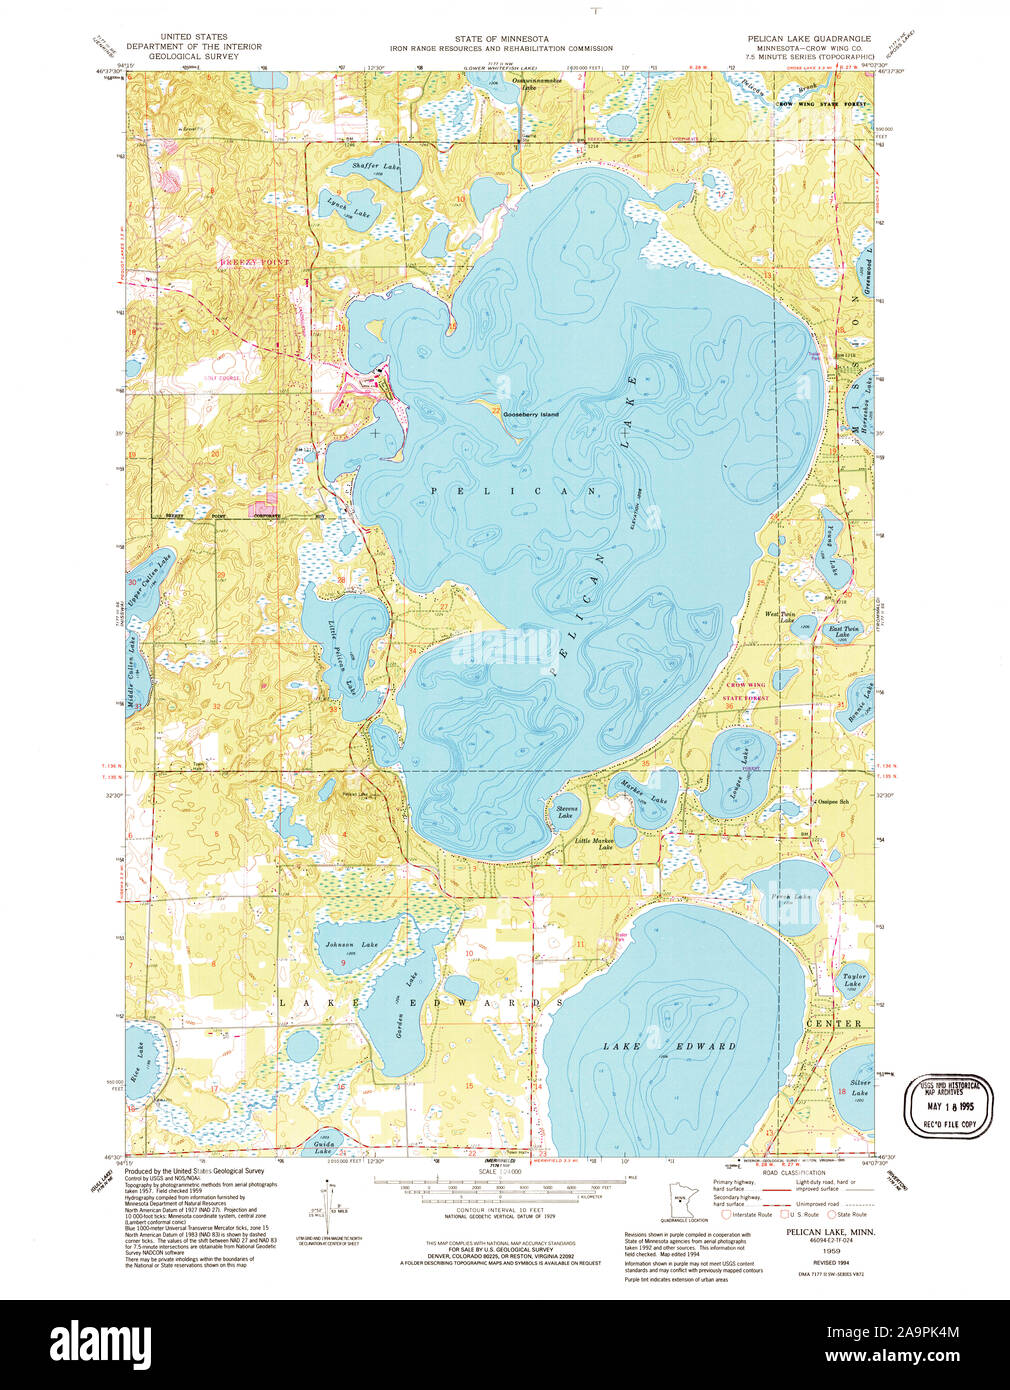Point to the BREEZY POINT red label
coord(254,262)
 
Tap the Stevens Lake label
coord(566,812)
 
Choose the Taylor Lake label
coord(852,979)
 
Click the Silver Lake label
coord(860,1088)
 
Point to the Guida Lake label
coord(323,1147)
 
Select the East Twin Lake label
coord(844,631)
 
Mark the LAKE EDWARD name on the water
coord(669,1046)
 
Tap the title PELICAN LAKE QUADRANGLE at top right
coord(809,38)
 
